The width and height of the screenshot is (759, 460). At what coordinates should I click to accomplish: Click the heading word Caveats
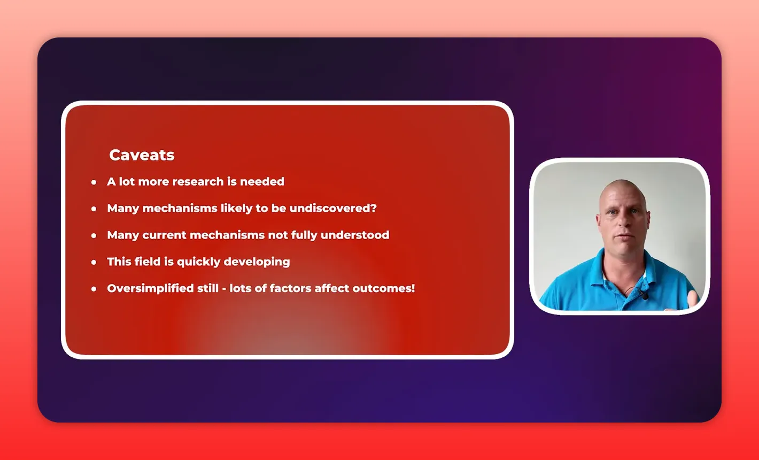142,155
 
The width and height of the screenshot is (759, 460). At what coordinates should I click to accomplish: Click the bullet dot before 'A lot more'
94,182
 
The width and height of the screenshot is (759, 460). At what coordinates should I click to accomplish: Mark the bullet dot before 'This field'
94,262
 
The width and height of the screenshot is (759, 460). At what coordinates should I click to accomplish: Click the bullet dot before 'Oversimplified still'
94,289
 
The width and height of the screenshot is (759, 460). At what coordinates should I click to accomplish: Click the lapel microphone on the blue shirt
645,296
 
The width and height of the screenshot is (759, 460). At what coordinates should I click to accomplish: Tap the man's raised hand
693,299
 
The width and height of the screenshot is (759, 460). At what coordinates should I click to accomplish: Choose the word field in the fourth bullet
148,262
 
